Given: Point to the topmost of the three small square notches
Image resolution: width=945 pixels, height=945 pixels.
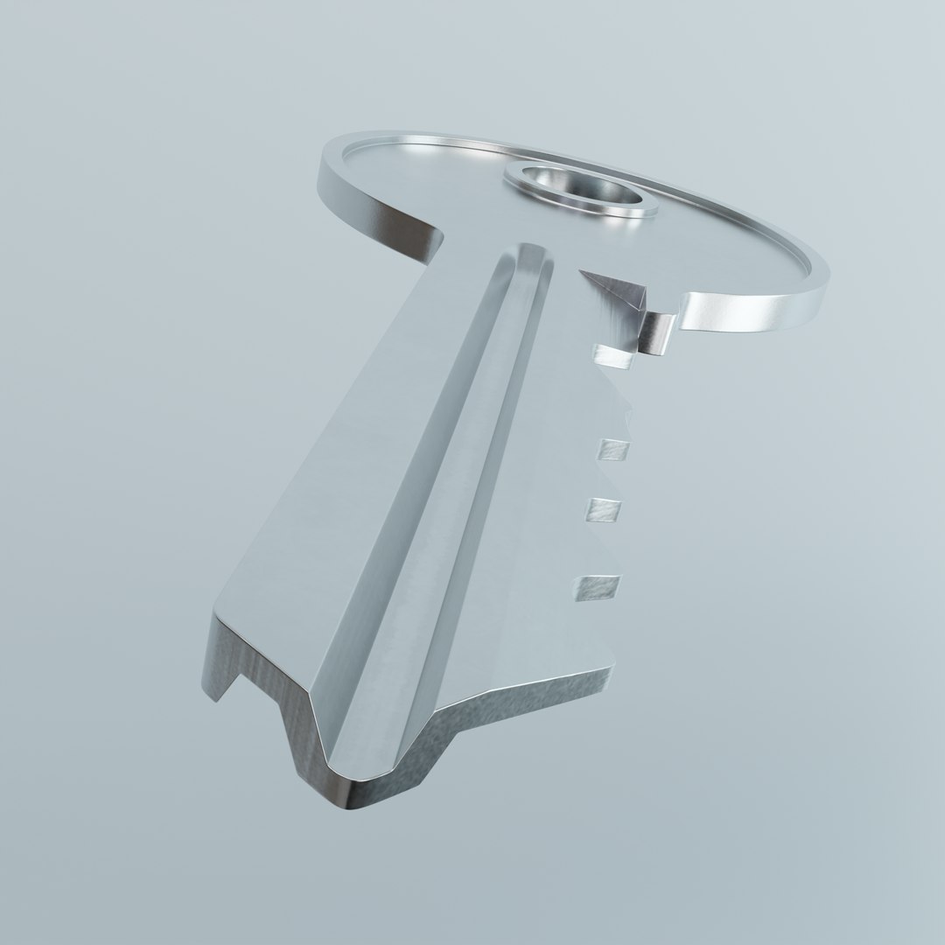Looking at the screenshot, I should click(612, 450).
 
